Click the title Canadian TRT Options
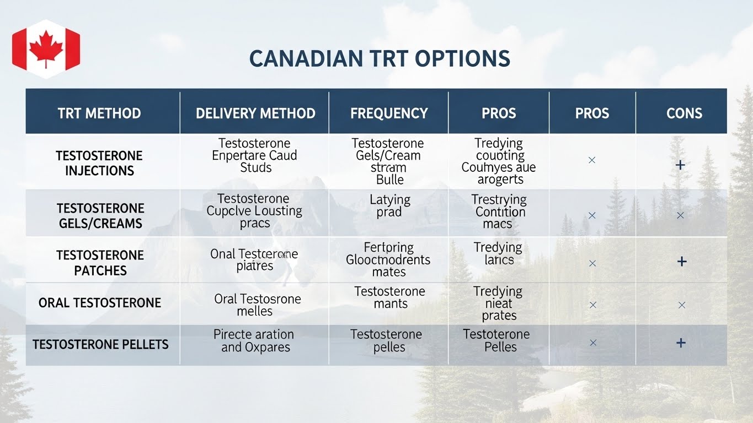tap(380, 59)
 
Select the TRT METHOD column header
tap(99, 113)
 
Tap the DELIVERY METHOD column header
tap(255, 113)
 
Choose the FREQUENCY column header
tap(389, 113)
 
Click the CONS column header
tap(684, 113)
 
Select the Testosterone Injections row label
tap(99, 163)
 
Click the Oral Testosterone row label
tap(100, 302)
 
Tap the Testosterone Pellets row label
tap(100, 345)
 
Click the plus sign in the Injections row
tap(680, 165)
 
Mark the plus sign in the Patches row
tap(682, 262)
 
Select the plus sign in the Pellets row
tap(681, 343)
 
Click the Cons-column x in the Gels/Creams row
tap(680, 215)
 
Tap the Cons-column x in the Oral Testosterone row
tap(682, 305)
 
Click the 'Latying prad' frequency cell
tap(389, 205)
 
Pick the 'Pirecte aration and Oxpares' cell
tap(254, 341)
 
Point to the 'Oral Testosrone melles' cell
tap(257, 305)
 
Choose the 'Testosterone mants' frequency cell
tap(389, 297)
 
